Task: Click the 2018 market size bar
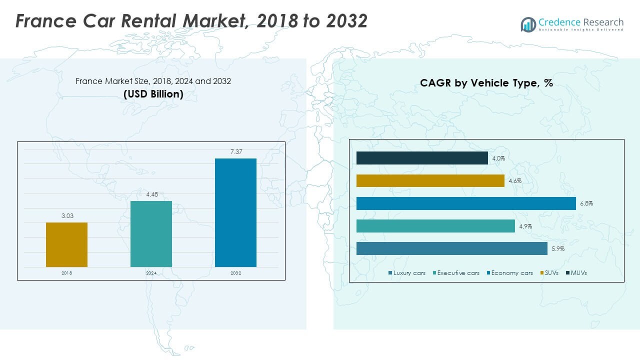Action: coord(66,244)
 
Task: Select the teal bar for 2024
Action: coord(151,234)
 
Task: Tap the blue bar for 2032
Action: coord(235,212)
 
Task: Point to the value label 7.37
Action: coord(236,151)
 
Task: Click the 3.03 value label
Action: coord(66,215)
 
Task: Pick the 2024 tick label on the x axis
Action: coord(151,273)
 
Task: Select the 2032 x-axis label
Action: coord(235,273)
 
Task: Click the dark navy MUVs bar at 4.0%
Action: coord(422,158)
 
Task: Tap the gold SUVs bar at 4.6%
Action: coord(430,180)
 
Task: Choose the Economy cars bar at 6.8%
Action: coord(466,203)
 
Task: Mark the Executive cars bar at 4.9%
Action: coord(435,226)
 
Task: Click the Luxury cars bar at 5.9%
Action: coord(451,248)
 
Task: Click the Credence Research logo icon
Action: coord(528,24)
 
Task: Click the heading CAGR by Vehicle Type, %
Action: coord(486,83)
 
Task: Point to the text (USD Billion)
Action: coord(153,93)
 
